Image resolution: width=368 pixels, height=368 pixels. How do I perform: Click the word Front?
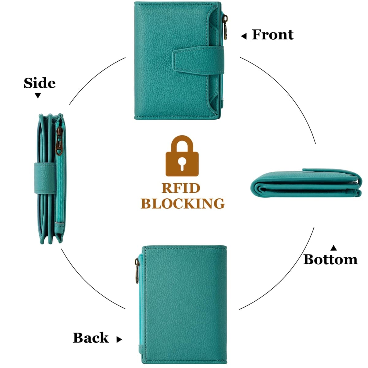pos(273,35)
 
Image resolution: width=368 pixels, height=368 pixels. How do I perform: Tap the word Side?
pos(40,83)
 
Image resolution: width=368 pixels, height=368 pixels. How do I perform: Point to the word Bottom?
pos(330,260)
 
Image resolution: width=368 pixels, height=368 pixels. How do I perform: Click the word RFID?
pos(181,188)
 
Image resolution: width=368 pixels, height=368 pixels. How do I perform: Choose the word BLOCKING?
pos(182,204)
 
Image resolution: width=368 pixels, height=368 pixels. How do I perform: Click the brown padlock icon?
pos(182,156)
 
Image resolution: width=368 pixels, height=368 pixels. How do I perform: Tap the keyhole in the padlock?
pos(182,164)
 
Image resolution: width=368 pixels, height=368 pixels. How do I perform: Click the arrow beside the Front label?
pos(244,36)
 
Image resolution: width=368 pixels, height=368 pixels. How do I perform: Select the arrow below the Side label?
pos(38,95)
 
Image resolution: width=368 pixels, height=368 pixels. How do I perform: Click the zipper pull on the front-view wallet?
pos(225,27)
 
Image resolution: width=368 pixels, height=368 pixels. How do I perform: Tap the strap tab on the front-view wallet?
pos(198,60)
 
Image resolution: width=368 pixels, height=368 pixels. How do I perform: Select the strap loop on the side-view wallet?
pos(45,178)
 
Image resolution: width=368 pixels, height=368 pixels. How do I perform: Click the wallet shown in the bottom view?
pos(306,183)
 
